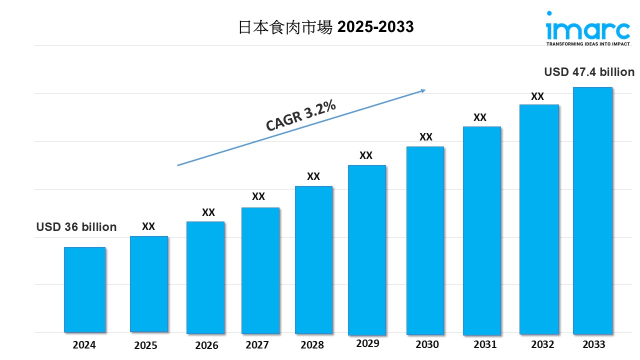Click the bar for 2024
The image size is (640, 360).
(x=84, y=289)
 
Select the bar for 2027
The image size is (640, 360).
(x=260, y=270)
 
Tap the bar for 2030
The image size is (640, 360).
(x=425, y=240)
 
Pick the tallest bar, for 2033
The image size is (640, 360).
(x=592, y=210)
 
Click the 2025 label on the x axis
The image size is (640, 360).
(x=145, y=345)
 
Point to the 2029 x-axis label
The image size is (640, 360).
(x=367, y=343)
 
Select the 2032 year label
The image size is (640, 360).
(x=542, y=344)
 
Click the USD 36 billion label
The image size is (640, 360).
(x=76, y=227)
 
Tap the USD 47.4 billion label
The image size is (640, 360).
(x=589, y=72)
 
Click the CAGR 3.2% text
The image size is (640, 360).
(x=300, y=116)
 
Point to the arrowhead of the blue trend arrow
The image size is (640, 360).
(x=423, y=90)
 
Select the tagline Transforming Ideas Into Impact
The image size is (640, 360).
(x=587, y=44)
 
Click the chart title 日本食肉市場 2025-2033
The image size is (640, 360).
(x=326, y=27)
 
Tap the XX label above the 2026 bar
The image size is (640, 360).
(x=208, y=212)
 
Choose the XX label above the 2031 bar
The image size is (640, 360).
(x=480, y=117)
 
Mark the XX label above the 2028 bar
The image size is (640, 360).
(x=313, y=176)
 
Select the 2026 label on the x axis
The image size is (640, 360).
(x=206, y=345)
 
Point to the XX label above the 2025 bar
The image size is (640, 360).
(x=148, y=226)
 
